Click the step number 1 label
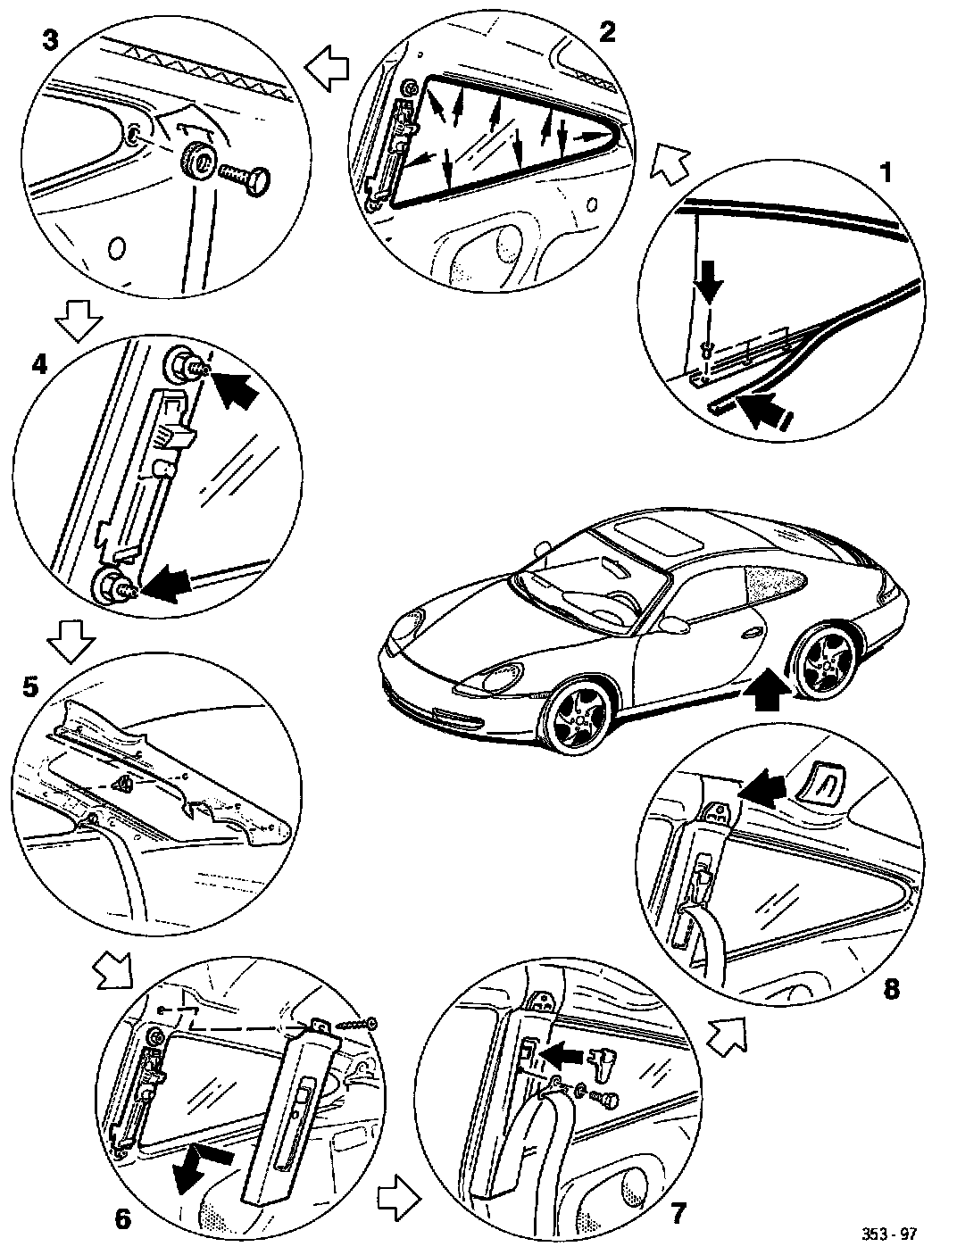coord(886,170)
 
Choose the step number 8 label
coord(890,988)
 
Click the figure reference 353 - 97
coord(888,1234)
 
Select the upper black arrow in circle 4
coord(234,389)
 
